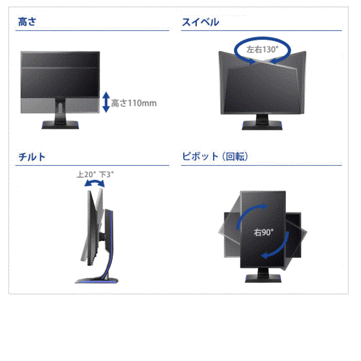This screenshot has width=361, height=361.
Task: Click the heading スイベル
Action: (200, 23)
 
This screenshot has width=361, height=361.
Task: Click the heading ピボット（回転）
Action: (215, 157)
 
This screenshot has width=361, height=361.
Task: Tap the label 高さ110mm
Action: (134, 103)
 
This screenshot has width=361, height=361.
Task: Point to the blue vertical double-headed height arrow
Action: (106, 102)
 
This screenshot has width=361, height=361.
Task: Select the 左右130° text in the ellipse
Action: (262, 50)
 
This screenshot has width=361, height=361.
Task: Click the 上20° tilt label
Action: (86, 175)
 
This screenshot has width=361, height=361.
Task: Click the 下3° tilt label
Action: (106, 175)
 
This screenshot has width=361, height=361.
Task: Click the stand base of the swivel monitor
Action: (263, 125)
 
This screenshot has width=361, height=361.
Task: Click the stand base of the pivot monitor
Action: (263, 279)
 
